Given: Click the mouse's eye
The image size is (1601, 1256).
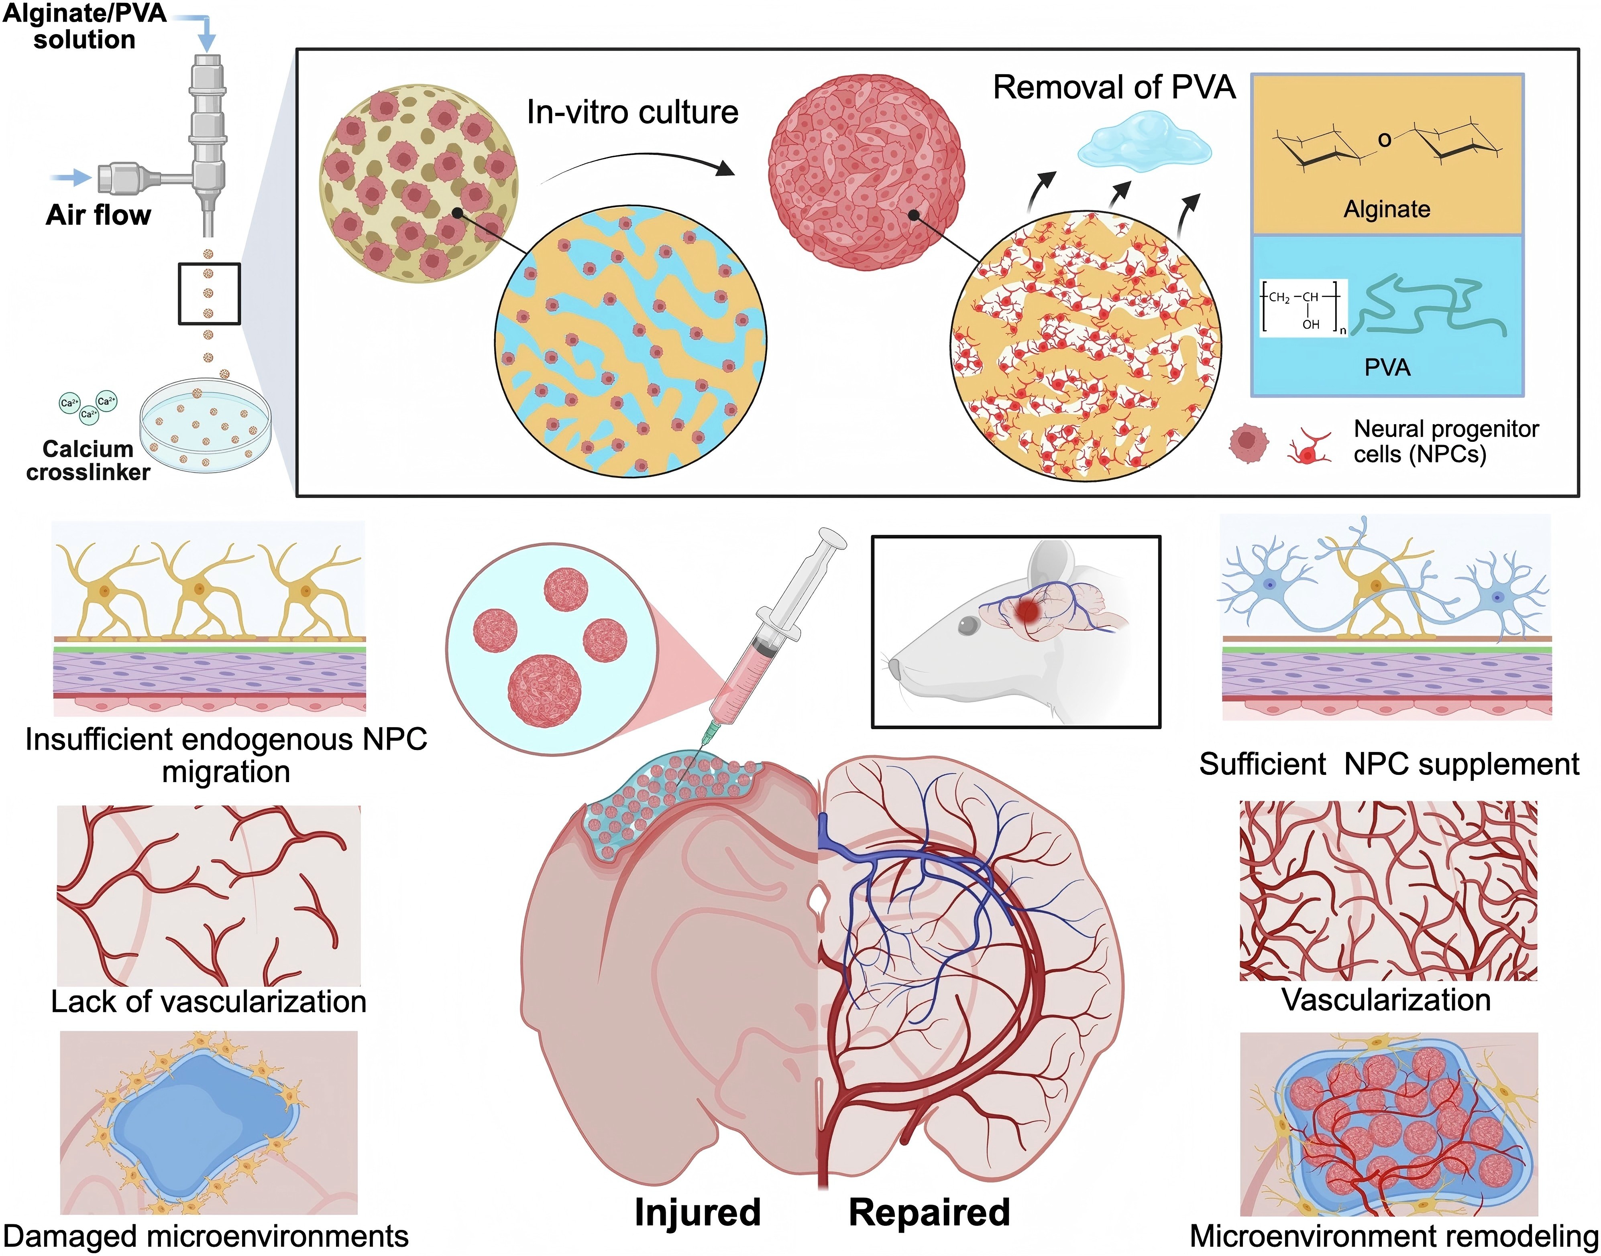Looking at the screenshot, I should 968,625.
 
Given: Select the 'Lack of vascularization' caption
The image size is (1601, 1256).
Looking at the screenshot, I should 208,1002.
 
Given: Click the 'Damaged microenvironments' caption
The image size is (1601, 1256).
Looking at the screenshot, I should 206,1237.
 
